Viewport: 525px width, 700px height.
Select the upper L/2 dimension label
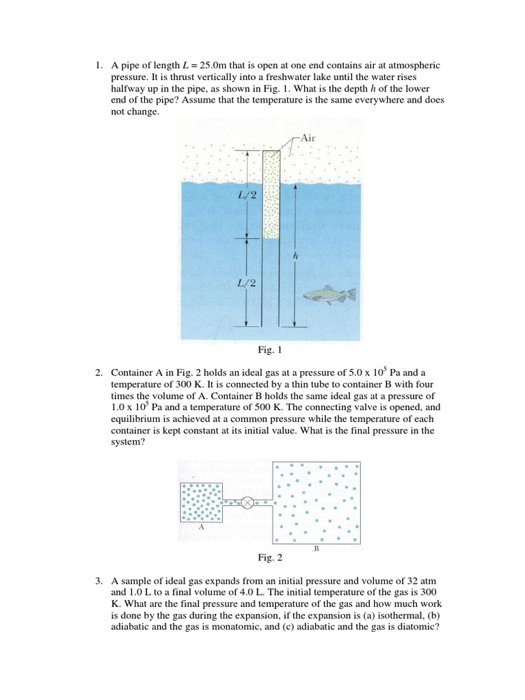228,196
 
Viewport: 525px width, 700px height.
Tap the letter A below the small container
201,528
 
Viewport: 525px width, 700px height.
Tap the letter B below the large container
316,548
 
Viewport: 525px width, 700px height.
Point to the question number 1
99,66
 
